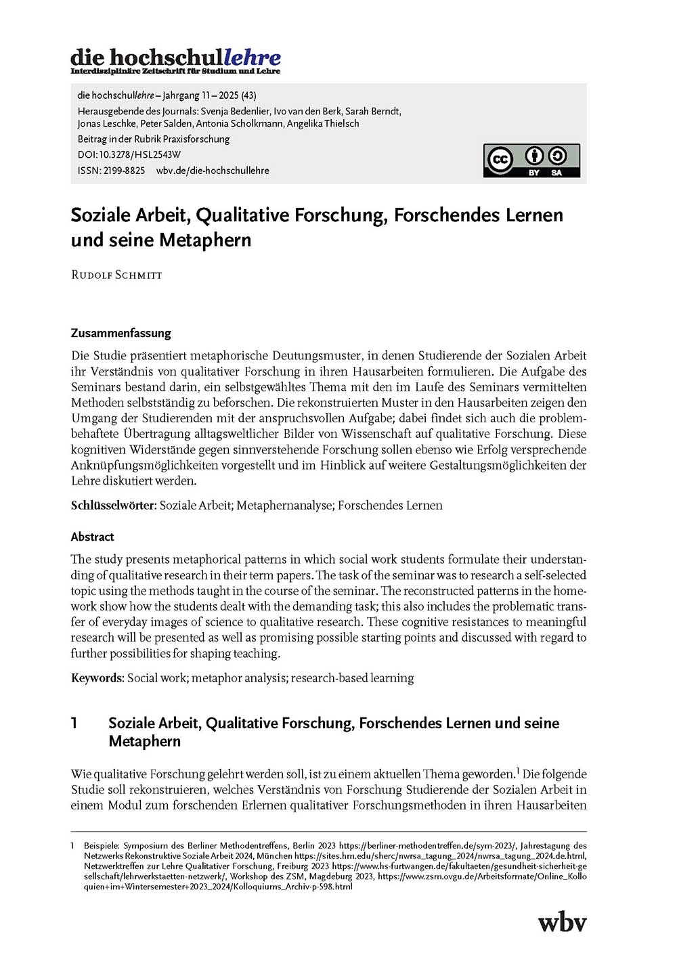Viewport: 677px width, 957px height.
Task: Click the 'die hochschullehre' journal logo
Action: (175, 60)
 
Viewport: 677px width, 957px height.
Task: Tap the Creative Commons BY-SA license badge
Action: (531, 160)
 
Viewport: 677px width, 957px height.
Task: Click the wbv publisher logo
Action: (562, 922)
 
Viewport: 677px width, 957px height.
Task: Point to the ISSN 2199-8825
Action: (124, 171)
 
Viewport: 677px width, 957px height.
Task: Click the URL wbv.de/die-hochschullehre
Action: (213, 171)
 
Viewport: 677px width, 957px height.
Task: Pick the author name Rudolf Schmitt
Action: (116, 275)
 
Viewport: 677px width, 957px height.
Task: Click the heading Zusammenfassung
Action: (121, 333)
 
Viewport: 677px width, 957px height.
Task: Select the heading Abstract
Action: (92, 537)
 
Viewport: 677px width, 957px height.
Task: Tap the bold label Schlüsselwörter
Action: (113, 506)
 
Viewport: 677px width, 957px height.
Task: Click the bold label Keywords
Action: (97, 677)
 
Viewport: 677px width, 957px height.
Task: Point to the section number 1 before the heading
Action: (74, 723)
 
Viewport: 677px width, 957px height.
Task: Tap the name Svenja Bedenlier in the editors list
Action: (227, 111)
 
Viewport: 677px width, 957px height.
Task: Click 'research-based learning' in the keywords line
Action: (352, 677)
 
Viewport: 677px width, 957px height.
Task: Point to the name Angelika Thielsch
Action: (323, 123)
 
